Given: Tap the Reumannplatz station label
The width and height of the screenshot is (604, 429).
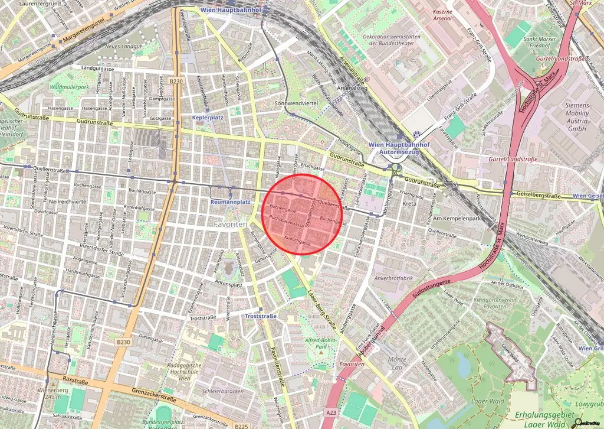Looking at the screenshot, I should tap(231, 202).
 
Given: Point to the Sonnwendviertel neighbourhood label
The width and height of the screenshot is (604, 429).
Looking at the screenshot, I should tap(297, 103).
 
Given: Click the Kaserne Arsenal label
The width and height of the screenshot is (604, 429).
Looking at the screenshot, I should tap(442, 15).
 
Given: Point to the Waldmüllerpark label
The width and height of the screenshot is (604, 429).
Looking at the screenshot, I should tap(70, 87).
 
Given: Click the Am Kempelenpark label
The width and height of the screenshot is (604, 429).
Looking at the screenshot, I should tap(456, 219).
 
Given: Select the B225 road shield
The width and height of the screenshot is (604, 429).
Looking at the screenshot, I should tap(241, 425).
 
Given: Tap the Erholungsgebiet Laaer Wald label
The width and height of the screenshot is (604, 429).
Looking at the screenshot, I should tap(541, 418).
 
